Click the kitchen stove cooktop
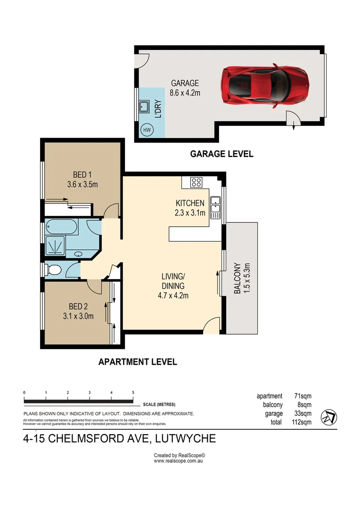tap(196, 182)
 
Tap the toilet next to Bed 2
tap(53, 270)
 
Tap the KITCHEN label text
tap(190, 203)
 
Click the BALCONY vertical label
tap(237, 279)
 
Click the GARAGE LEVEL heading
tap(221, 154)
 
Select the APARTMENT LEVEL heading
tap(138, 362)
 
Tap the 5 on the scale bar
tap(133, 393)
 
